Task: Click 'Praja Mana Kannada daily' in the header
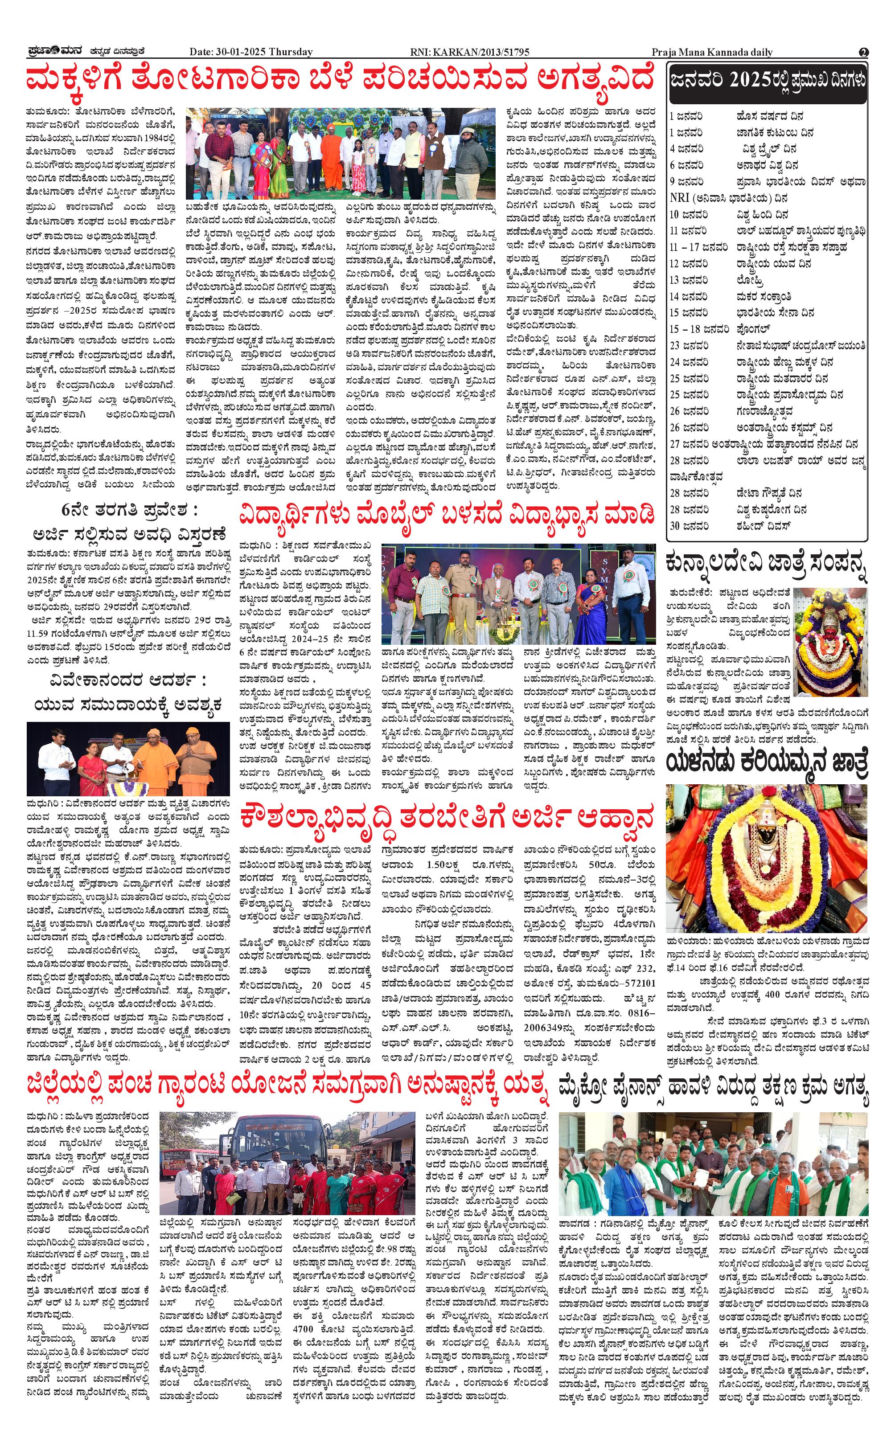tap(711, 52)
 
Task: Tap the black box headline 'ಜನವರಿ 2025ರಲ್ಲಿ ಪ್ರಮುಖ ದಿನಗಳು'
tap(768, 81)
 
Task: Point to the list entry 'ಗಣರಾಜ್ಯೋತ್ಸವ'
tap(764, 411)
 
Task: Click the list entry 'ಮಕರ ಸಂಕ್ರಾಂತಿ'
tap(764, 296)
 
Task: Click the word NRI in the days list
tap(680, 198)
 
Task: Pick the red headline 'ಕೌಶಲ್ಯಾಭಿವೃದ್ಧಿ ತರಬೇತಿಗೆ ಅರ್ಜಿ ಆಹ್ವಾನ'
tap(447, 818)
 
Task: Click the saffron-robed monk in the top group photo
tap(328, 157)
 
